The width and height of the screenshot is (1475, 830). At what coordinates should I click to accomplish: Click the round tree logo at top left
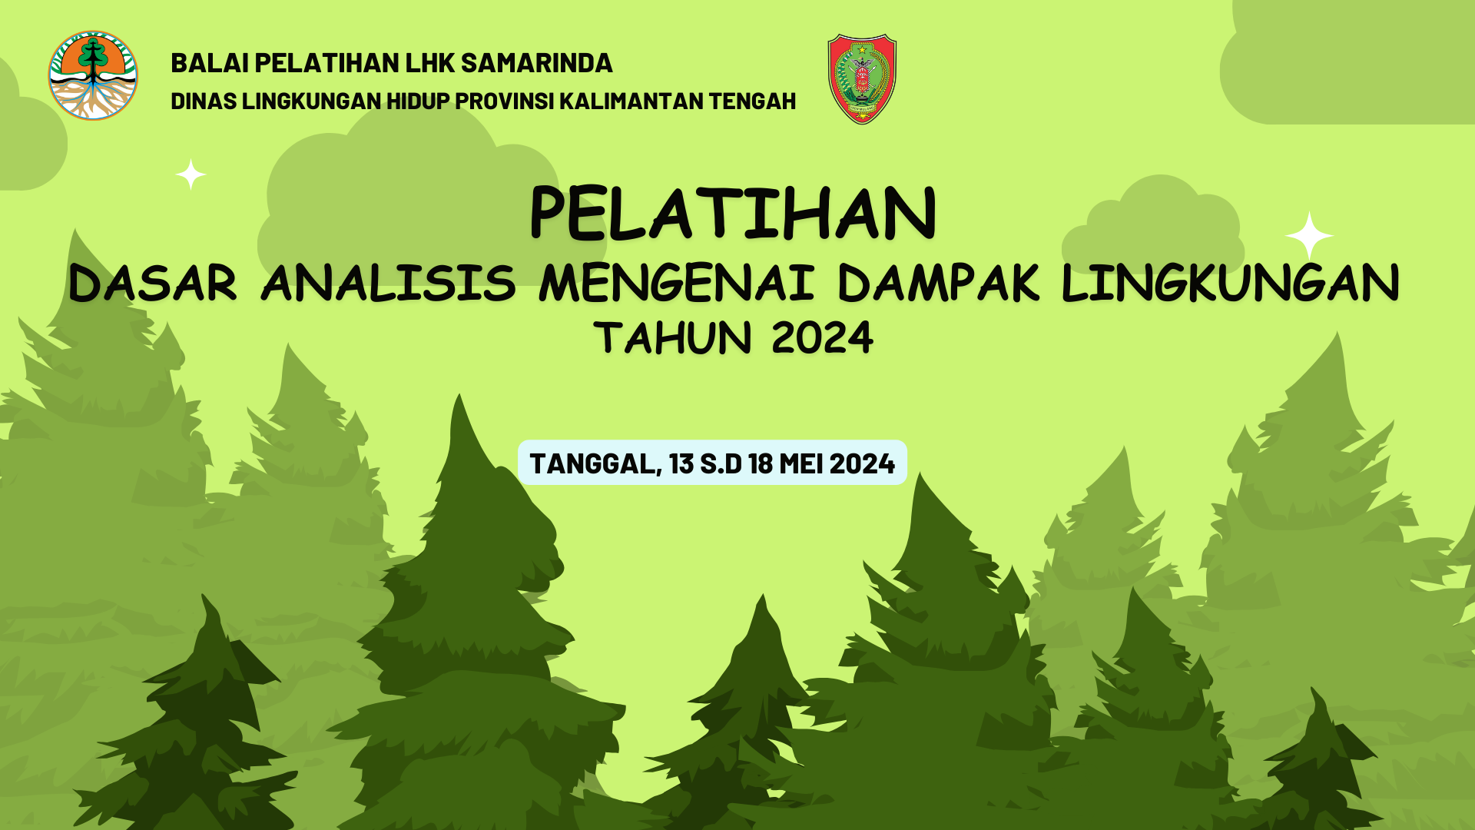click(93, 76)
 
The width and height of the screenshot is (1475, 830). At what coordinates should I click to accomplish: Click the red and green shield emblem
click(862, 78)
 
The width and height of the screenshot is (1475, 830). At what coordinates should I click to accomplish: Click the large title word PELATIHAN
click(733, 214)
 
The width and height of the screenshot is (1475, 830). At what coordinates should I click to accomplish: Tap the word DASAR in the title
click(153, 283)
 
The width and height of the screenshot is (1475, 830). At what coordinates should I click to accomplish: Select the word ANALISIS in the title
click(389, 283)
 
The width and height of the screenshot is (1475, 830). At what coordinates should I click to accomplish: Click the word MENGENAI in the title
click(676, 283)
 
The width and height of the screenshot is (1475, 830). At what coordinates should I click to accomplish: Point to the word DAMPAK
click(939, 283)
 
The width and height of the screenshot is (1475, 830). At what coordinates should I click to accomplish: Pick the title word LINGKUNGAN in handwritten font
click(1230, 283)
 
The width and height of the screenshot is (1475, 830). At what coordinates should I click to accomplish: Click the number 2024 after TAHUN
click(822, 338)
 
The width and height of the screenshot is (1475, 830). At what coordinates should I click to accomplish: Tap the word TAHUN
click(673, 338)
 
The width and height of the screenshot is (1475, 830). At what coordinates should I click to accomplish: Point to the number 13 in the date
click(681, 464)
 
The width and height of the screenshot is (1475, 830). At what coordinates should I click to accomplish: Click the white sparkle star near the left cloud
click(191, 174)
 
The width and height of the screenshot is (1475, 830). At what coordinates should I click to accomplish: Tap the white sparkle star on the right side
click(1309, 235)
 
